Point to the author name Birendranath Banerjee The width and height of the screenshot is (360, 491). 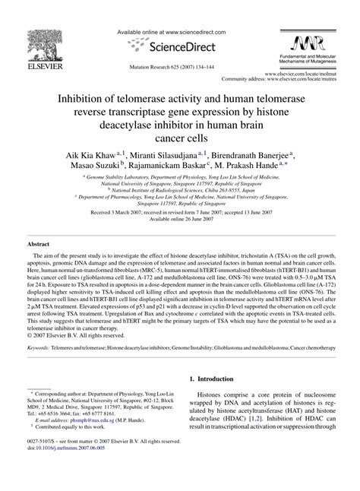tap(248, 154)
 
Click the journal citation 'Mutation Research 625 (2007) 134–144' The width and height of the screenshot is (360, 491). tap(179, 67)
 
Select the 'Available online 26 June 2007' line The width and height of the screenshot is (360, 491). tap(179, 218)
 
